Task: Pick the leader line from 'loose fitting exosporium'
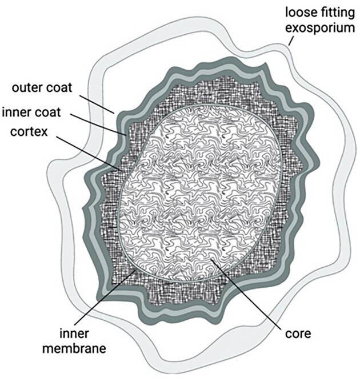tap(291, 41)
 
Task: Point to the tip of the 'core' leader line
tap(213, 260)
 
